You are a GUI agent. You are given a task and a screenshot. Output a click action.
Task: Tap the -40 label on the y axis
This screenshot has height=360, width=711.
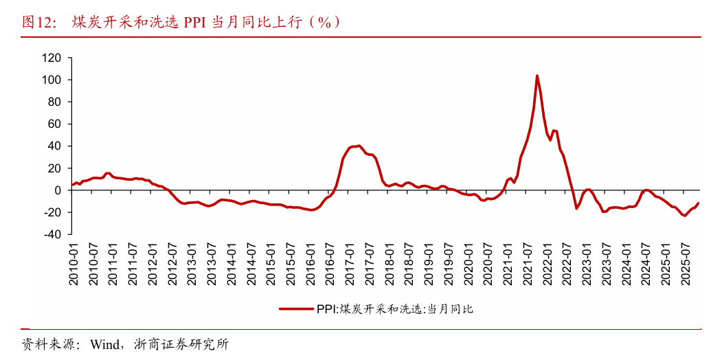(52, 234)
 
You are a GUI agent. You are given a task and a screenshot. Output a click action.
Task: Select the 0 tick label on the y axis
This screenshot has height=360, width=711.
(58, 190)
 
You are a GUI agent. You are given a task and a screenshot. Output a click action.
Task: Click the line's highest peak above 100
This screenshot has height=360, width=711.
(537, 76)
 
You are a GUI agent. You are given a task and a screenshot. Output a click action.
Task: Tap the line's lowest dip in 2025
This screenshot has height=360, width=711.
(684, 216)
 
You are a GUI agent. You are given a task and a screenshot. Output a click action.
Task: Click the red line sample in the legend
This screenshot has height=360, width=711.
(296, 309)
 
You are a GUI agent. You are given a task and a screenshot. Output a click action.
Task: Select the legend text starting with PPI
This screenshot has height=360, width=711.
(395, 309)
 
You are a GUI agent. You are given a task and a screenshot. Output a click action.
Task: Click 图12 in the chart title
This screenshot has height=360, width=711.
(38, 22)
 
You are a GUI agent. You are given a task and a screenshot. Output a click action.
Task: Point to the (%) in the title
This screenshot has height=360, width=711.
(323, 22)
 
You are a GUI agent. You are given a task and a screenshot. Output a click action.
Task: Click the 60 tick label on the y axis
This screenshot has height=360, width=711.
(55, 124)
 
